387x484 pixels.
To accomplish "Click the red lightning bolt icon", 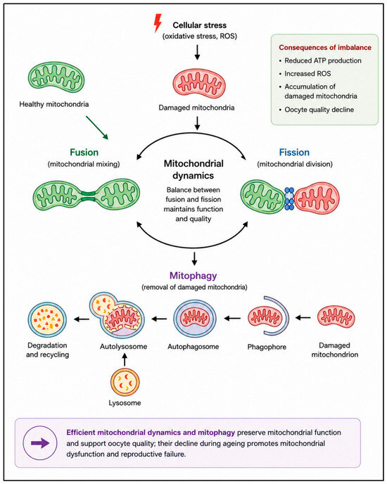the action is pos(158,23).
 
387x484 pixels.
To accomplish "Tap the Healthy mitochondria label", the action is pos(54,104).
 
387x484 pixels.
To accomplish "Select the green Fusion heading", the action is pos(84,152).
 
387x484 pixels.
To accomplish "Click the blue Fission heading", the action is pos(294,152).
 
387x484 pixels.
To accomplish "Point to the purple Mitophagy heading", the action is pos(193,275).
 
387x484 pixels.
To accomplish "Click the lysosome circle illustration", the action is pos(125,382).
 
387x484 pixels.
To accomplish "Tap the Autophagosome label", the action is pos(193,347).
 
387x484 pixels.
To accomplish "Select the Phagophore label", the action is pos(267,347).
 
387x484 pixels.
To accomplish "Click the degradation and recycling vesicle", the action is pos(47,320).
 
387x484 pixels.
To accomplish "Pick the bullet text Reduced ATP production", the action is pos(323,60).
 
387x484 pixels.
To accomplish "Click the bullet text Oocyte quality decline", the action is pos(319,110).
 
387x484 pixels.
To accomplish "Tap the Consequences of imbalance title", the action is pos(325,48).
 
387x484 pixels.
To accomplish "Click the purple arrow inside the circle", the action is pos(40,443).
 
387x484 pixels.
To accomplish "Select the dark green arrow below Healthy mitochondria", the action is pos(97,128).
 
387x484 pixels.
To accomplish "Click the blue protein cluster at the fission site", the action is pos(289,198).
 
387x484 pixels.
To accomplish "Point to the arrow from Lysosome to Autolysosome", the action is pos(125,359).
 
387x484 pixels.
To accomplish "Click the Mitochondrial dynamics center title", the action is pos(193,170).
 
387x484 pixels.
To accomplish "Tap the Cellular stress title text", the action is pos(200,25).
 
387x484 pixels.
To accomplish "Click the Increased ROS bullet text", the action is pos(307,73).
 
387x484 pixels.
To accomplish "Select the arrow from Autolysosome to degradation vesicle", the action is pos(81,319).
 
